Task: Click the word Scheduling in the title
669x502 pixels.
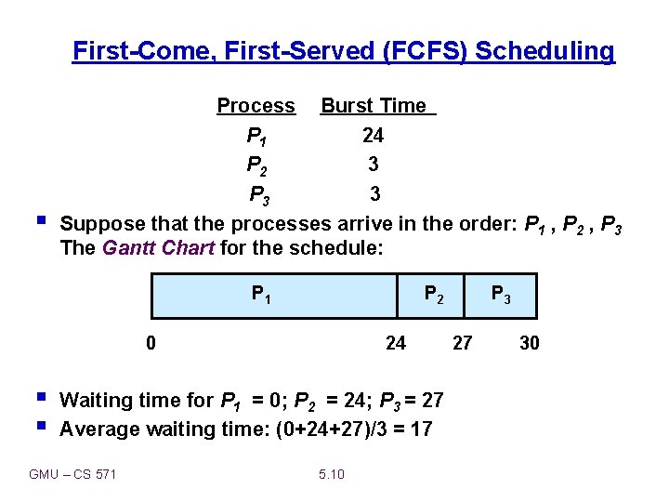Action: [x=544, y=50]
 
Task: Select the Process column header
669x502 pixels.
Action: [x=256, y=106]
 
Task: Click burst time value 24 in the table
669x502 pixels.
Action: [x=373, y=136]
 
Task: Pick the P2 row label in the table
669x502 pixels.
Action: [x=257, y=165]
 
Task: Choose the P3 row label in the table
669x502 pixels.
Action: [x=259, y=195]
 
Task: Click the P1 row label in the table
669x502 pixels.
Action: [x=257, y=137]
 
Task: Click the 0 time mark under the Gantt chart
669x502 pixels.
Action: [x=151, y=343]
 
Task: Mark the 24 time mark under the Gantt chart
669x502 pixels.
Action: [x=396, y=343]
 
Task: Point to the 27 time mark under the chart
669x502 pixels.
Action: [x=462, y=343]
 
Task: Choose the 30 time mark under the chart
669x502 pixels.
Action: [x=529, y=343]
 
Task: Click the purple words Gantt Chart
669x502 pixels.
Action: [x=158, y=248]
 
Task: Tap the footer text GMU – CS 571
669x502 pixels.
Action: [x=72, y=475]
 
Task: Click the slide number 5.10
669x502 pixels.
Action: [x=332, y=475]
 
